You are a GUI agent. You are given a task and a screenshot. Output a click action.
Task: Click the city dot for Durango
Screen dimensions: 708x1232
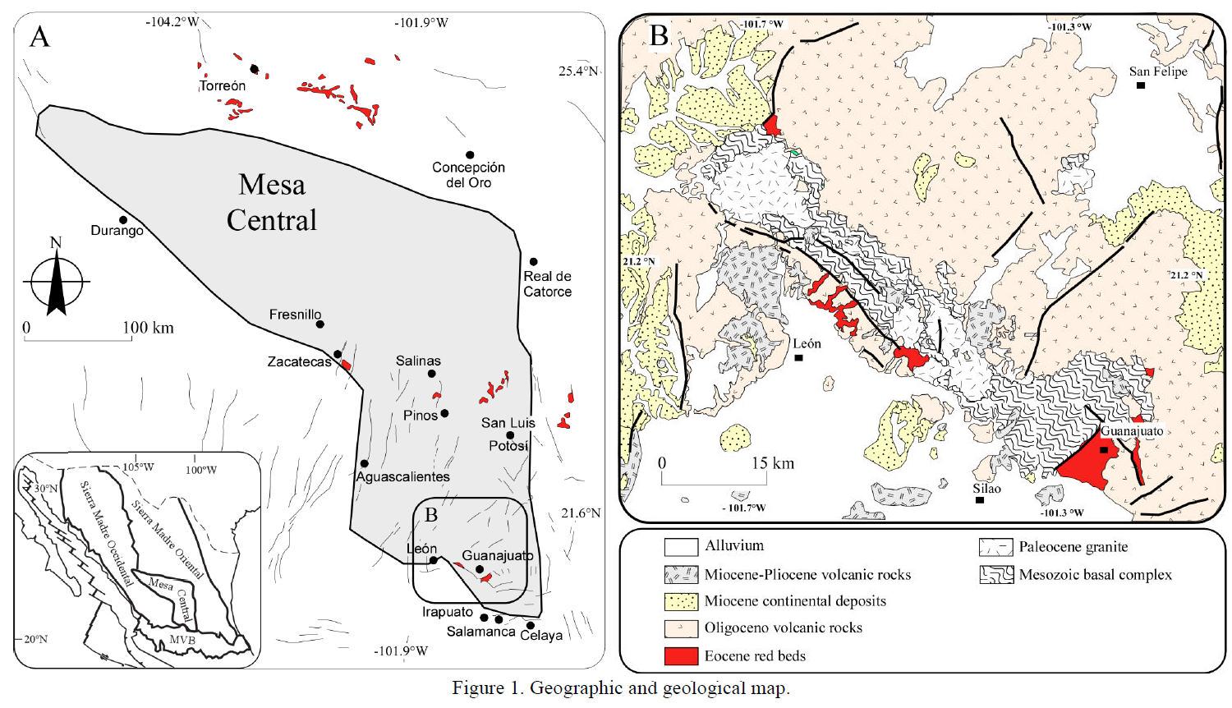(x=122, y=220)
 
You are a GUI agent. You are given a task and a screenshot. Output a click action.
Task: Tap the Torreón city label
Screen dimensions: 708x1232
(x=223, y=85)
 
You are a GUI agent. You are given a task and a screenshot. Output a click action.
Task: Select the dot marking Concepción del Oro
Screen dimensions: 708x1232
(x=470, y=154)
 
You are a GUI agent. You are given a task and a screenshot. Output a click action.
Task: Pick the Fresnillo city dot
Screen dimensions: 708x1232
(x=320, y=324)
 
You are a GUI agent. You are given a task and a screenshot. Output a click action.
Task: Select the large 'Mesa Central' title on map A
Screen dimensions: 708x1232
(x=272, y=202)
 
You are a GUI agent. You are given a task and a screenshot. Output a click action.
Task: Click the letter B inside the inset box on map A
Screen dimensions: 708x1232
(x=431, y=515)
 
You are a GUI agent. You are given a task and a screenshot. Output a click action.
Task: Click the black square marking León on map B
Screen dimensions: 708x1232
(x=798, y=358)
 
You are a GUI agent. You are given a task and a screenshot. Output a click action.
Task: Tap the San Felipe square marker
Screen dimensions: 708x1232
(x=1140, y=85)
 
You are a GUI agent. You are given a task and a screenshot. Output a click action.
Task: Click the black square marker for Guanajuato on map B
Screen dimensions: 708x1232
(x=1104, y=450)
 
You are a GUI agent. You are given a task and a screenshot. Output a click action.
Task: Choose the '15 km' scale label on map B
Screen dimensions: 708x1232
(x=772, y=463)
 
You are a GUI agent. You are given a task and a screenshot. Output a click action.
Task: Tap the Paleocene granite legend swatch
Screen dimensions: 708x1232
(x=994, y=547)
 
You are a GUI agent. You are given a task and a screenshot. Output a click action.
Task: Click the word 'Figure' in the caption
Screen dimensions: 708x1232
(x=477, y=688)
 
